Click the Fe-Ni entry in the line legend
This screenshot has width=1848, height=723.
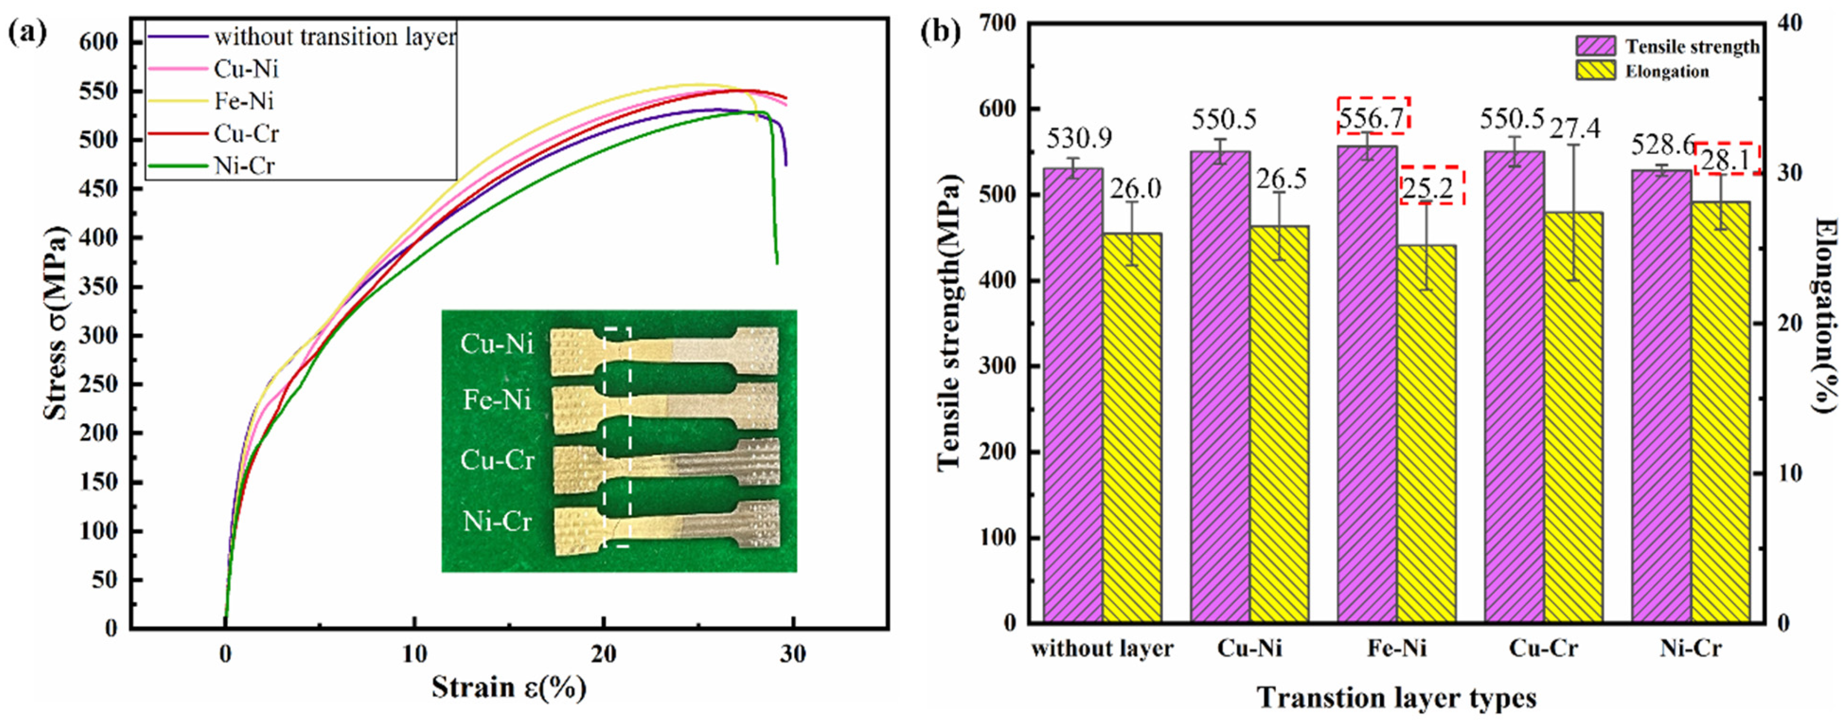tap(244, 101)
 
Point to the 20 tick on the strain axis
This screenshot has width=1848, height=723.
tap(604, 654)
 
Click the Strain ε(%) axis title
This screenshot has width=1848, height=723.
tap(509, 687)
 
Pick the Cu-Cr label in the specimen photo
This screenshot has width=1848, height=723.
tap(497, 460)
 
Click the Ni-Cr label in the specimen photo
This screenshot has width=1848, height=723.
tap(497, 521)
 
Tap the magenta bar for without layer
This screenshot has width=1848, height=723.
tap(1073, 394)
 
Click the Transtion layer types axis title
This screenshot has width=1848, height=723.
tap(1397, 697)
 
